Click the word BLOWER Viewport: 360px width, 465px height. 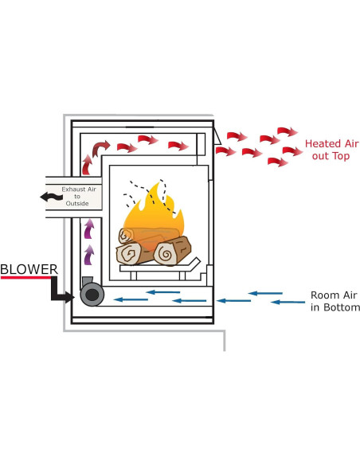tap(29, 270)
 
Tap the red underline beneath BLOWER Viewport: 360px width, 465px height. tap(29, 279)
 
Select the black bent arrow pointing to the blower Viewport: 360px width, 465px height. tap(61, 292)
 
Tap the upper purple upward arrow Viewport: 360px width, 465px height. tap(89, 229)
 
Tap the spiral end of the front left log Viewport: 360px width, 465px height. tap(128, 254)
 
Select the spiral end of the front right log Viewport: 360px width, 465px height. tap(167, 253)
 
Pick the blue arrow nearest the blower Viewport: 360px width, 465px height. tap(129, 300)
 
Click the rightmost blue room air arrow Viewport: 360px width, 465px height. tap(288, 302)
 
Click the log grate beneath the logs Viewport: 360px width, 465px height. tap(159, 271)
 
